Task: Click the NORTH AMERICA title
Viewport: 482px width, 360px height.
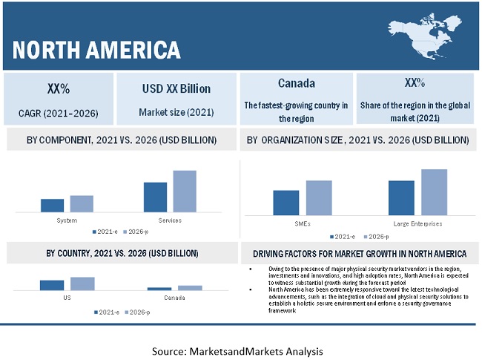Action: coord(97,50)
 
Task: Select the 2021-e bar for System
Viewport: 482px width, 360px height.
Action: coord(52,206)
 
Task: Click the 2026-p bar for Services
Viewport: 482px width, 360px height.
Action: coord(185,192)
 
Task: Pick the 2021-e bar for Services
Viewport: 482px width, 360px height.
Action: coord(155,197)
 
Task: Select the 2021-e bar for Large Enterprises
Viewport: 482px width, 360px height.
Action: coord(401,197)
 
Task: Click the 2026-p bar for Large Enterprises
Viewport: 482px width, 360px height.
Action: coord(434,192)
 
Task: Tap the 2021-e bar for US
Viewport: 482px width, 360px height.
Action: coord(52,285)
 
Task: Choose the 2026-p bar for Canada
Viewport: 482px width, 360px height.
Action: coord(190,287)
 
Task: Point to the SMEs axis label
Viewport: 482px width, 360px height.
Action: coord(303,223)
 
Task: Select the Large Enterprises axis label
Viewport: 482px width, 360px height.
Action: coord(417,223)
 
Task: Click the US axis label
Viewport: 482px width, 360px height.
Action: coord(67,298)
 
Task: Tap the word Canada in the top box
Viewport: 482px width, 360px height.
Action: coord(296,83)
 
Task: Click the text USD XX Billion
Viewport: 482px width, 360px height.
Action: coord(176,88)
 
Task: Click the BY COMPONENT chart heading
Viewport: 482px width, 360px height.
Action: coord(122,140)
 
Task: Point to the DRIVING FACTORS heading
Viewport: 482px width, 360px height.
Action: coord(359,253)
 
